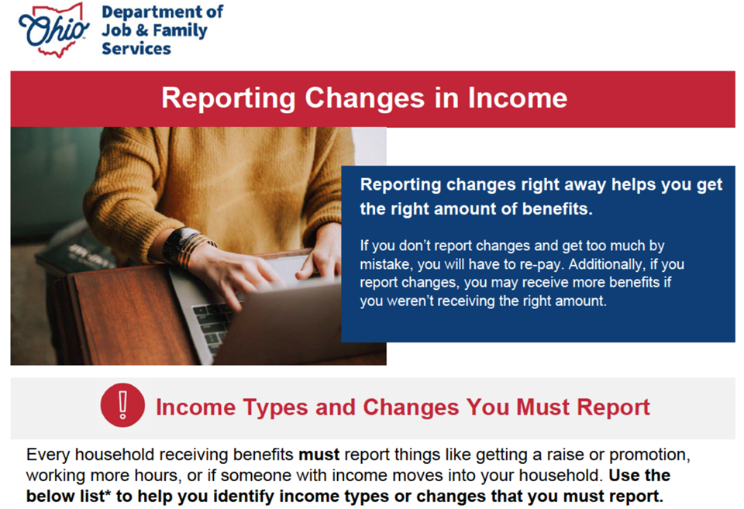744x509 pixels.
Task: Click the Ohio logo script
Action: [x=53, y=31]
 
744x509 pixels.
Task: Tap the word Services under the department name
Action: [x=136, y=48]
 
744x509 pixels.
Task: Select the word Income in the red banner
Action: [x=518, y=98]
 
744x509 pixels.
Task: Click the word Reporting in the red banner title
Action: [x=228, y=98]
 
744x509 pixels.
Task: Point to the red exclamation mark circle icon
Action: [x=122, y=406]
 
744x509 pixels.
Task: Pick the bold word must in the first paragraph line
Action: [x=319, y=455]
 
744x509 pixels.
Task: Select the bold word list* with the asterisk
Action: [x=95, y=496]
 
